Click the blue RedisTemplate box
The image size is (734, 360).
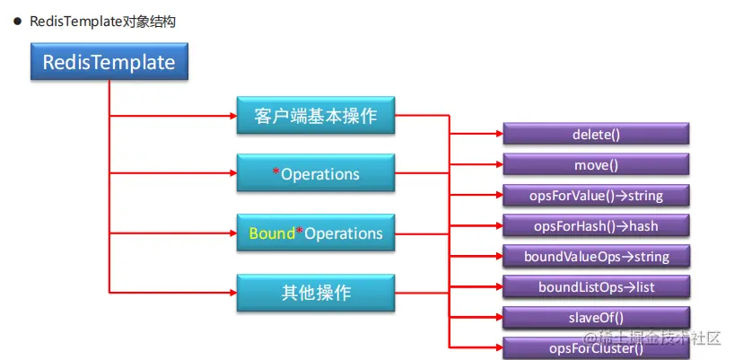tap(109, 64)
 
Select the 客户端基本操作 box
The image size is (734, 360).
tap(315, 116)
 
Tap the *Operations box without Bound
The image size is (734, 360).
tap(315, 174)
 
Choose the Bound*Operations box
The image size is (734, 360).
tap(315, 233)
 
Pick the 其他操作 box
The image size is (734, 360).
tap(315, 293)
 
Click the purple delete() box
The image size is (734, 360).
tap(596, 135)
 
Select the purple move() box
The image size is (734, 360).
tap(596, 165)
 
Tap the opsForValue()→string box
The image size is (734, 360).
tap(596, 196)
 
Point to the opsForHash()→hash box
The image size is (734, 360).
tap(596, 226)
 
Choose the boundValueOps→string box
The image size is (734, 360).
tap(596, 257)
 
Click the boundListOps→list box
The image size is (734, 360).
tap(596, 287)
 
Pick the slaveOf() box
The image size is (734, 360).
tap(596, 318)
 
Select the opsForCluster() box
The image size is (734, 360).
tap(596, 347)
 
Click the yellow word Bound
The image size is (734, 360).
tap(272, 233)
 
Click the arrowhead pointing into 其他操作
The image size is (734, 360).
tap(231, 293)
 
